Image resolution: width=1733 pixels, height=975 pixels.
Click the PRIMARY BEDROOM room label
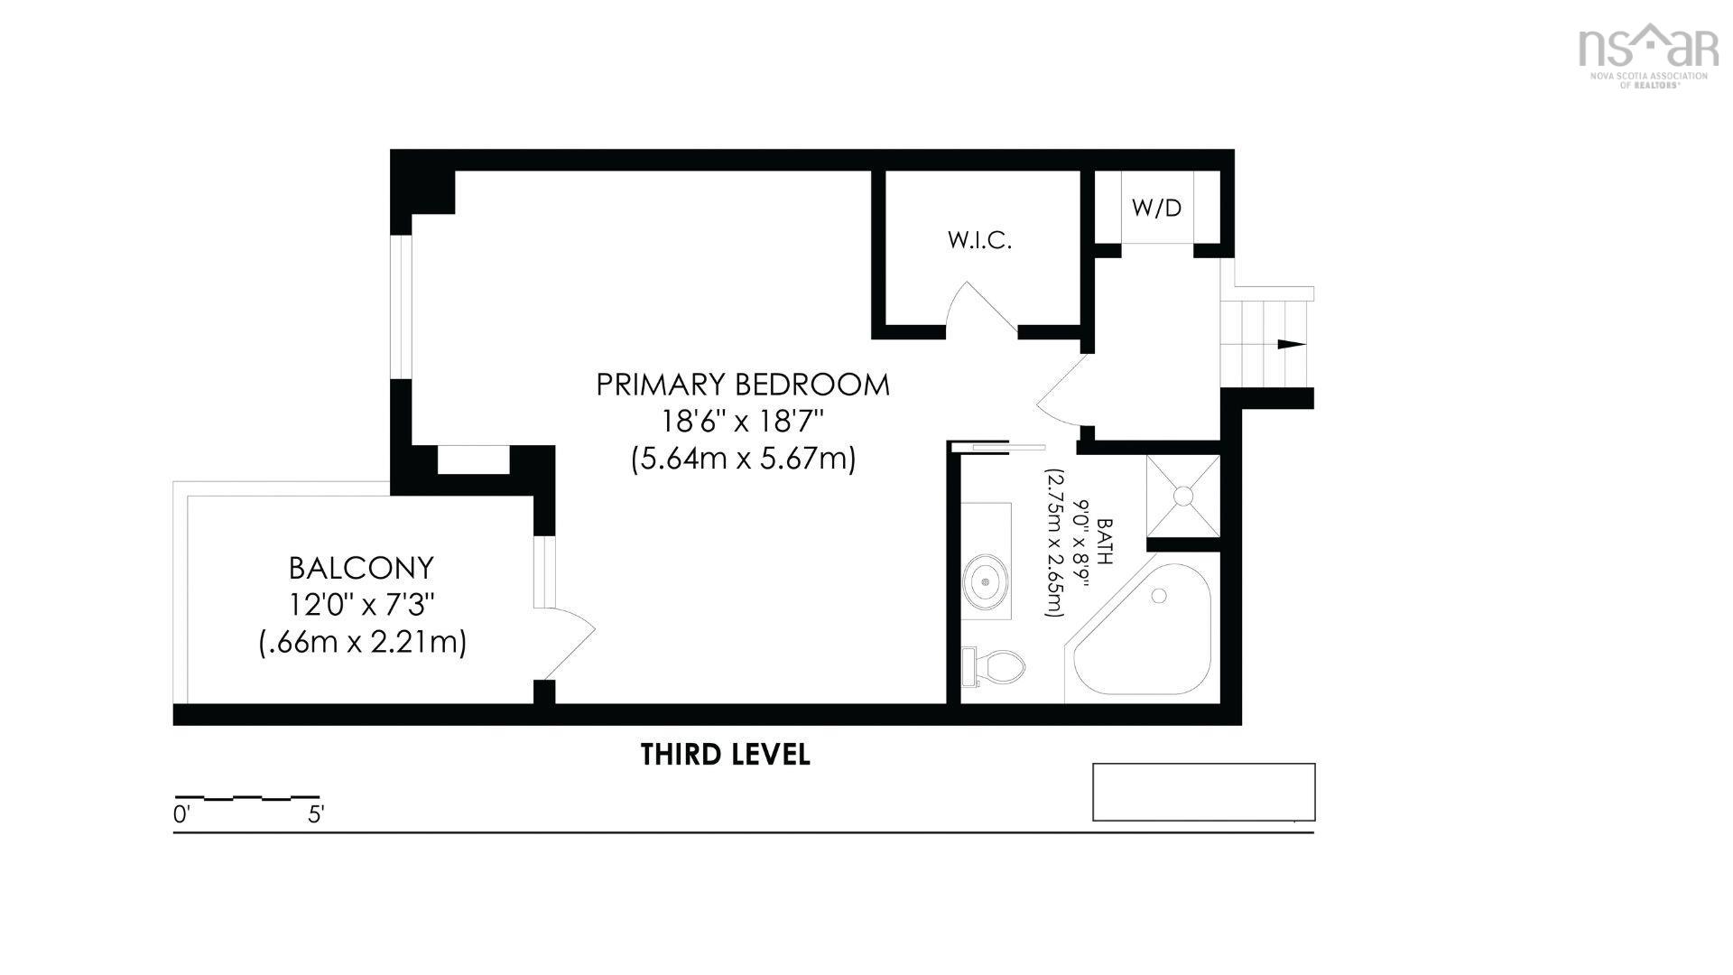click(x=743, y=385)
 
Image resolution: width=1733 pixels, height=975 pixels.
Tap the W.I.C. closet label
click(x=979, y=240)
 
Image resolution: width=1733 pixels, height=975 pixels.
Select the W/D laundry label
click(x=1156, y=208)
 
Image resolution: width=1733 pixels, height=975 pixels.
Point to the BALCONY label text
click(x=361, y=568)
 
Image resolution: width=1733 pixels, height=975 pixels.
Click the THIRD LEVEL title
click(x=726, y=754)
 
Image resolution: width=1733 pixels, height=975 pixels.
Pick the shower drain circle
click(x=1182, y=496)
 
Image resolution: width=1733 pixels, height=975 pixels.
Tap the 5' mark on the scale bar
click(x=316, y=814)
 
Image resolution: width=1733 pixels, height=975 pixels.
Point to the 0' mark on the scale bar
click(x=181, y=814)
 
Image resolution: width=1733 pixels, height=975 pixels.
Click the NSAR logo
click(x=1647, y=54)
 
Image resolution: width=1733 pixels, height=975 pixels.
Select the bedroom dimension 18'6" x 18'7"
click(x=743, y=422)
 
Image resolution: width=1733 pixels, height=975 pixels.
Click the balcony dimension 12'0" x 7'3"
click(x=361, y=605)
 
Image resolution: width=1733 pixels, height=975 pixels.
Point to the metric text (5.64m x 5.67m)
click(x=743, y=460)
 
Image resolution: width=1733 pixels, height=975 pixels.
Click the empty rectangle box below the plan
click(x=1204, y=792)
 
